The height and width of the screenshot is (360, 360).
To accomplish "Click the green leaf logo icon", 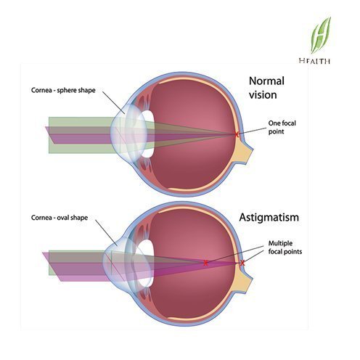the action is (x=321, y=35).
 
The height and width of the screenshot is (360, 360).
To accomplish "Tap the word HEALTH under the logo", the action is (x=314, y=61).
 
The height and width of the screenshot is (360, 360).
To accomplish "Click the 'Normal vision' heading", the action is (x=266, y=88).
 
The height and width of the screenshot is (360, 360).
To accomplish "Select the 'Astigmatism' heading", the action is (x=269, y=218).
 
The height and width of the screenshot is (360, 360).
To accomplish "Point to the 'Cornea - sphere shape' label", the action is (x=63, y=90).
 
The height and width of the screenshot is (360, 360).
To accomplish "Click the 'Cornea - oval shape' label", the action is (x=60, y=218).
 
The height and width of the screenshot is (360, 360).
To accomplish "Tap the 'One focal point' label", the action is (x=282, y=127).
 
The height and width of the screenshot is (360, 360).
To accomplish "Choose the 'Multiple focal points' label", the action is (x=285, y=247).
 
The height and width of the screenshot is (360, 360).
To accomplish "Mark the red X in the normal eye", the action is (x=237, y=134).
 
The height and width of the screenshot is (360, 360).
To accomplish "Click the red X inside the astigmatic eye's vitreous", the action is (x=205, y=263).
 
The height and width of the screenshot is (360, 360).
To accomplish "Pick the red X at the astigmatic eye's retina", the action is (x=242, y=263).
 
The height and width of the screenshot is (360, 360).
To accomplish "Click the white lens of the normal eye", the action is (x=147, y=134).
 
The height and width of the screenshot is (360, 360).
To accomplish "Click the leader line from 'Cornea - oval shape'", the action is (x=107, y=233).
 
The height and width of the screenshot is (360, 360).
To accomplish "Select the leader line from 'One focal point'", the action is (x=252, y=131).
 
